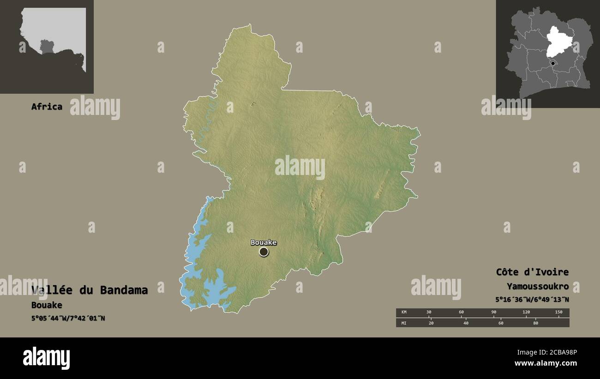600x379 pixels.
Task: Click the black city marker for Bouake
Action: tap(264, 252)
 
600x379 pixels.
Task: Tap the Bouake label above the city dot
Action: tap(264, 242)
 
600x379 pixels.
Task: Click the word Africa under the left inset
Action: tap(47, 107)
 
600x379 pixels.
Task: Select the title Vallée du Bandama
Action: tap(90, 290)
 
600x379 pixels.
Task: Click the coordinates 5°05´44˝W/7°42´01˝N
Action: tap(68, 318)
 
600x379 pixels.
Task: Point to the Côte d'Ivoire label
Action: tap(532, 272)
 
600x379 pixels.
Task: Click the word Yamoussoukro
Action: tap(537, 287)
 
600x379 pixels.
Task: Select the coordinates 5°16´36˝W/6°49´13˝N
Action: tap(532, 300)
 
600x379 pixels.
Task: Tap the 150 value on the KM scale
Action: tap(558, 313)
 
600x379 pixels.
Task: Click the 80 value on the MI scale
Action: tap(535, 323)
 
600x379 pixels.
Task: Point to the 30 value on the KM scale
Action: tap(429, 313)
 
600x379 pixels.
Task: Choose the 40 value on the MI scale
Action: tap(466, 323)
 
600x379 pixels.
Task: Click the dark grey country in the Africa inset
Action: tap(47, 46)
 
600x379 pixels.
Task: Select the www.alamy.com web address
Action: tap(546, 363)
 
